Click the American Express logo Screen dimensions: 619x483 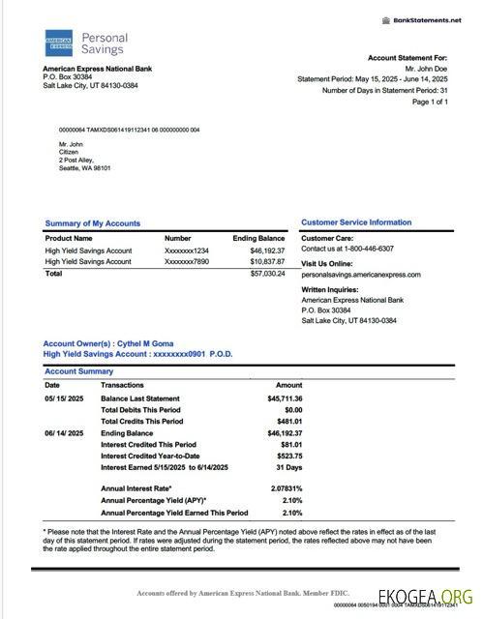pos(59,44)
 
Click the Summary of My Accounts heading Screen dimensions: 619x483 pos(93,223)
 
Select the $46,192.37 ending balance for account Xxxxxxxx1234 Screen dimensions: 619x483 pos(266,251)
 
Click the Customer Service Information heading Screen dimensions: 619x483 pos(356,223)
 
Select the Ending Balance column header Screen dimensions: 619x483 pos(258,238)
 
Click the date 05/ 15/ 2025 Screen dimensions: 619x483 pos(65,398)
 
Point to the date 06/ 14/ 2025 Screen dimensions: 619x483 pos(65,433)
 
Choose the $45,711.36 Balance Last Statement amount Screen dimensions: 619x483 pos(285,398)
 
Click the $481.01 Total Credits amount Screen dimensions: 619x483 pos(288,422)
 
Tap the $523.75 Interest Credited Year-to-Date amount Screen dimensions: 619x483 pos(288,457)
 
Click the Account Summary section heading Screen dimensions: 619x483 pos(78,371)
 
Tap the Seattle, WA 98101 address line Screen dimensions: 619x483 pos(85,168)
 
